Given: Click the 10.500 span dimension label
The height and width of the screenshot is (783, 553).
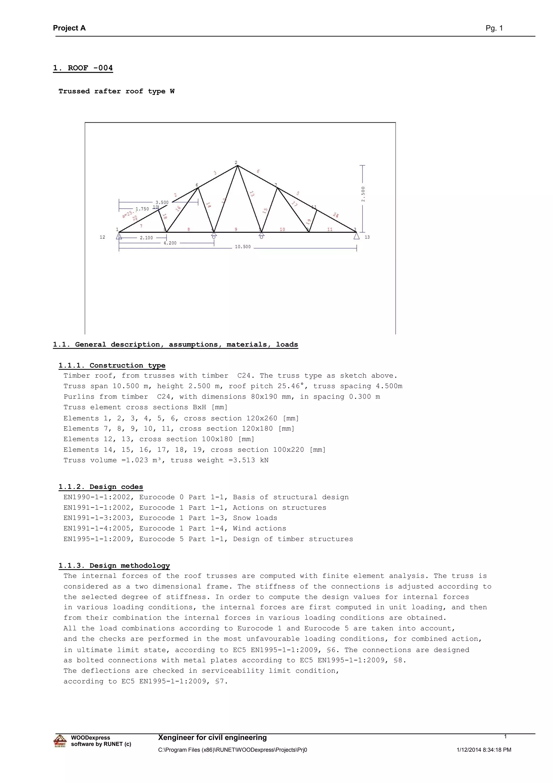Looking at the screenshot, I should [242, 246].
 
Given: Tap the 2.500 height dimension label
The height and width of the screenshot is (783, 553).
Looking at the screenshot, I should [363, 194].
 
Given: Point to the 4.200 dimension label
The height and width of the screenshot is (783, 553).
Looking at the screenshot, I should [170, 243].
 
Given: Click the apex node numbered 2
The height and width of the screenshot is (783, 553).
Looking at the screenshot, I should [236, 163].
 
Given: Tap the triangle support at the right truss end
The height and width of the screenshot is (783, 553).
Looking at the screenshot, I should [356, 236].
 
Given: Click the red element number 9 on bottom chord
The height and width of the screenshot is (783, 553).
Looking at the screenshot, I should [236, 229].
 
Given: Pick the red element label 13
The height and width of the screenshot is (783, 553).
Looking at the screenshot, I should [252, 194].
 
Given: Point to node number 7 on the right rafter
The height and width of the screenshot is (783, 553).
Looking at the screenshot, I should [276, 185].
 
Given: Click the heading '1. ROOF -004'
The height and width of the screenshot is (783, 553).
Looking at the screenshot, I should [83, 68].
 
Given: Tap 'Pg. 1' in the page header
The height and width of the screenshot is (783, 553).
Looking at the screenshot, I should [494, 28].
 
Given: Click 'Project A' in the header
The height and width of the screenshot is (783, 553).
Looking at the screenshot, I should [69, 28].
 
